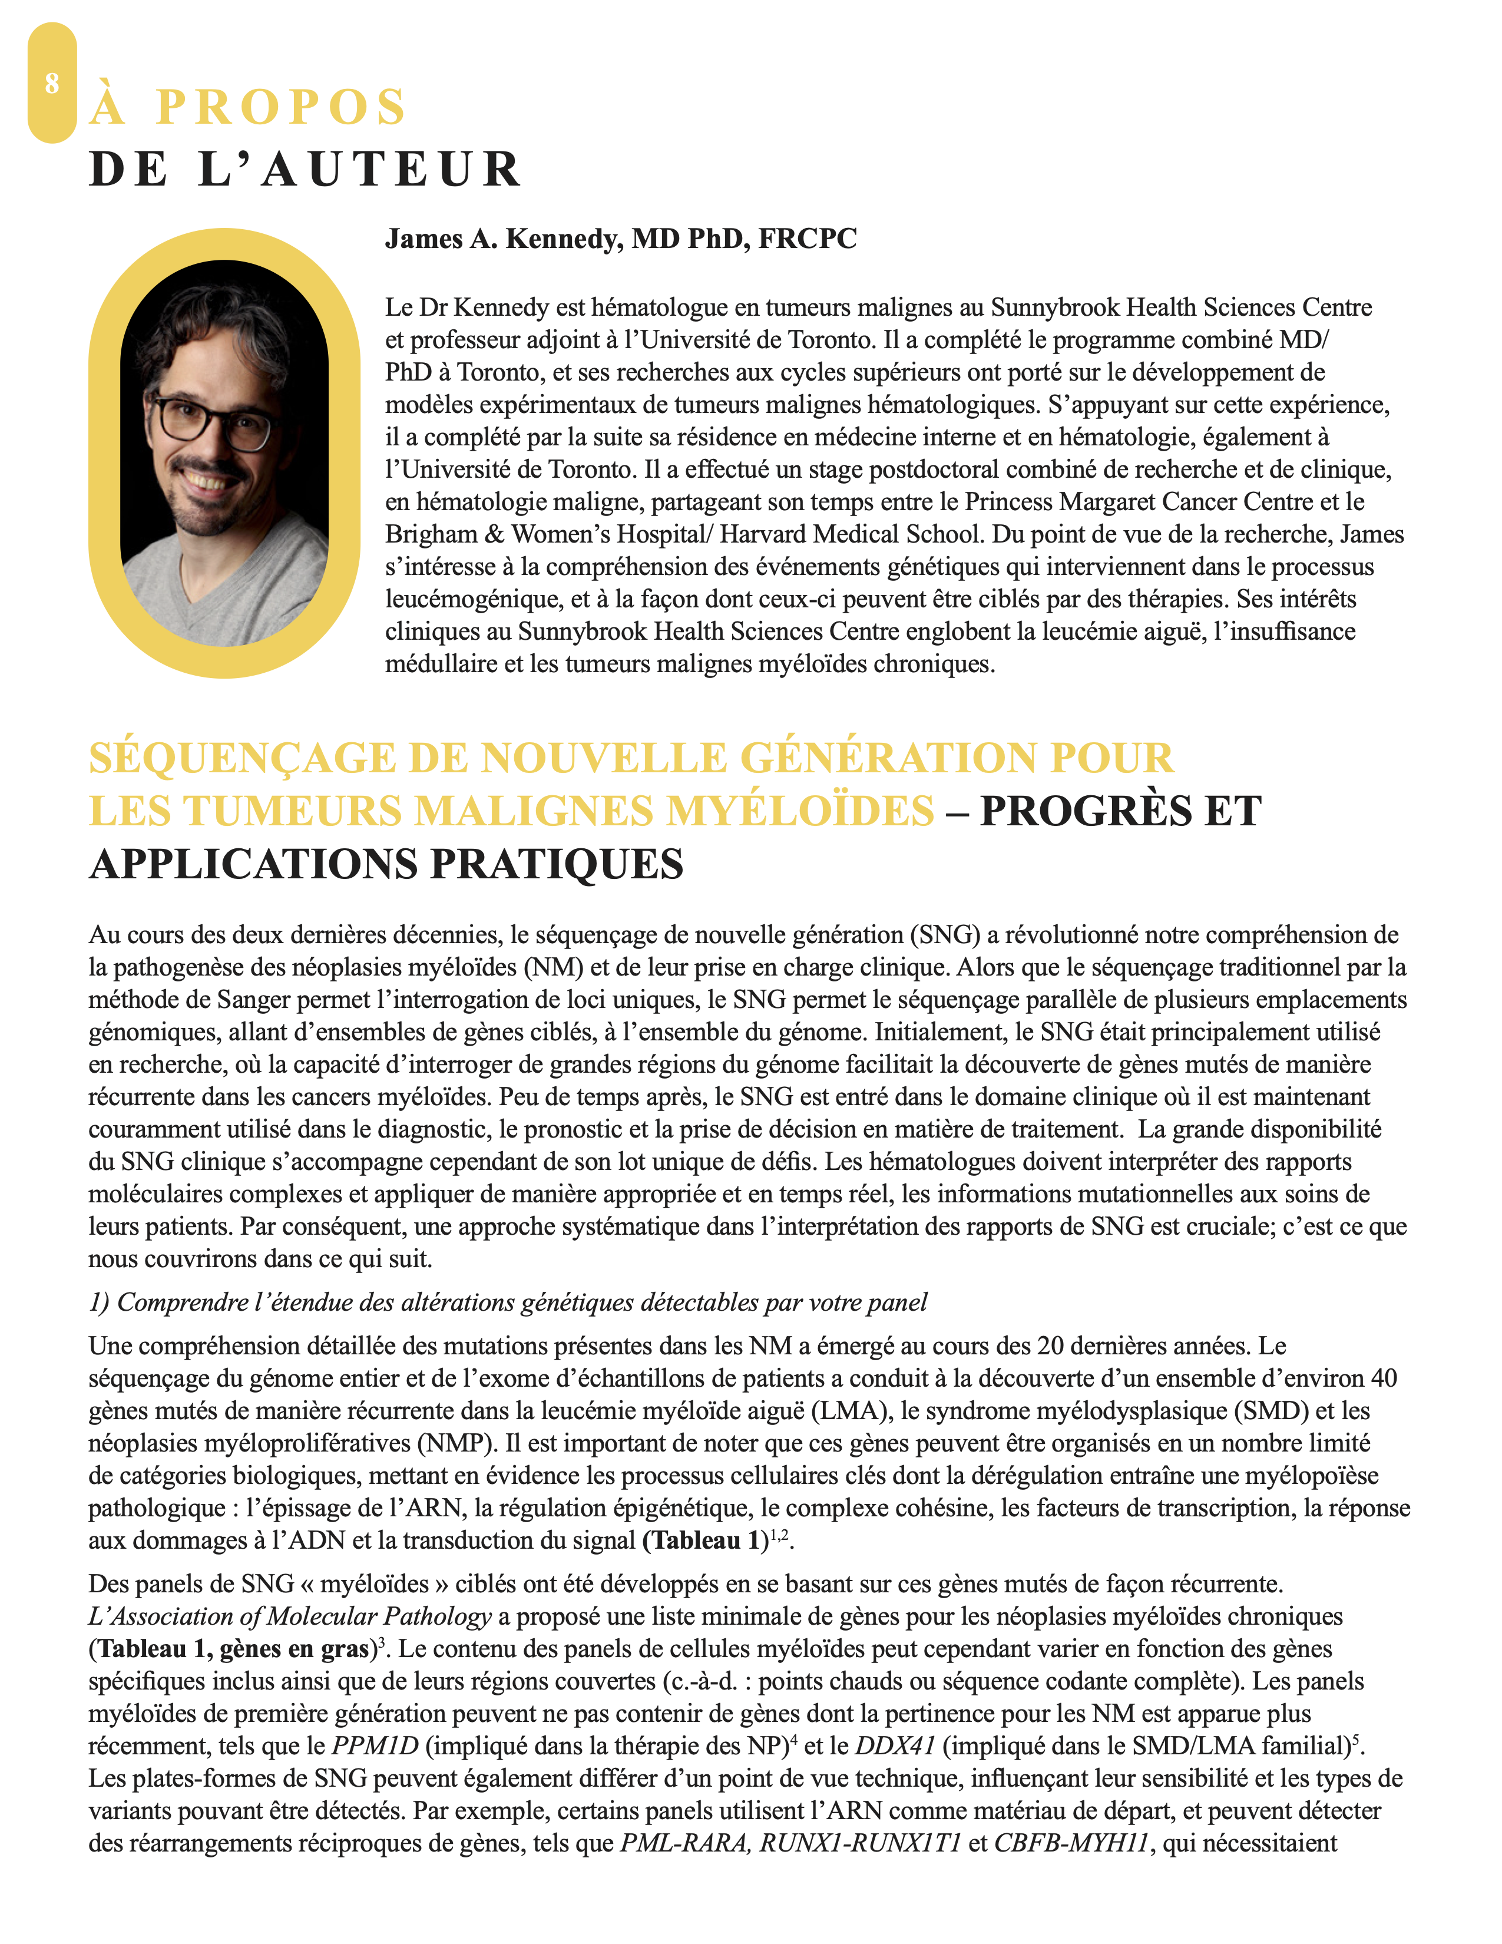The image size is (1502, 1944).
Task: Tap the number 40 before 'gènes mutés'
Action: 1383,1379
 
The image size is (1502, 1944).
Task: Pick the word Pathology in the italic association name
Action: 437,1616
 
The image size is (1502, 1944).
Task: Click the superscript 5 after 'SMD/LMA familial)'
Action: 1355,1738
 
